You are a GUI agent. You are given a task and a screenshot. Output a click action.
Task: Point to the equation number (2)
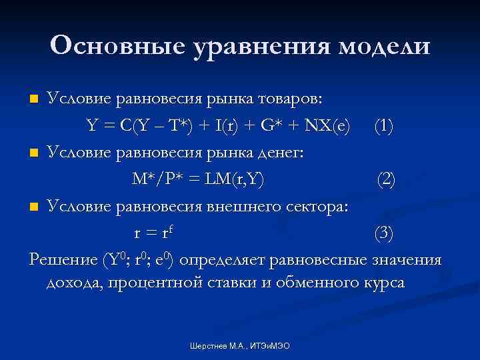pos(387,178)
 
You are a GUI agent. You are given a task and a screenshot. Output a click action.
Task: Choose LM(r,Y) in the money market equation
pos(237,178)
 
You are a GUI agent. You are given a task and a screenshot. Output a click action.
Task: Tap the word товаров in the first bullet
pos(289,99)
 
